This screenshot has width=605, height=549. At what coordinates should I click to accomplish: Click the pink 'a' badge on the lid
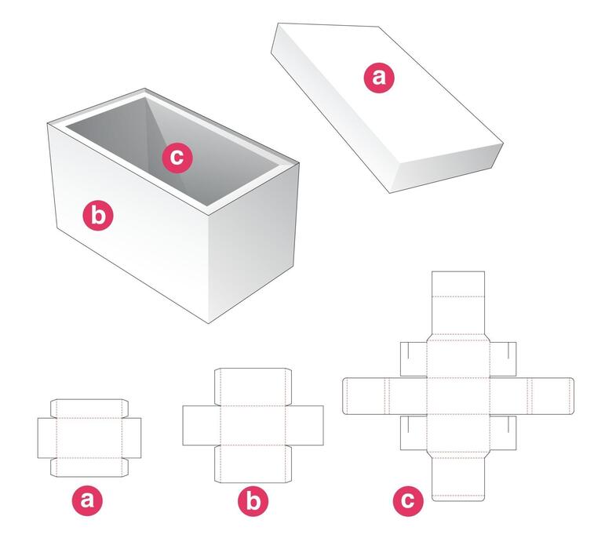(379, 77)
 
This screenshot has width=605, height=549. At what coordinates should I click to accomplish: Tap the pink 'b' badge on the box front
(98, 214)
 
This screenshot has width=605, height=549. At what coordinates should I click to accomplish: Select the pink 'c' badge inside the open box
(177, 158)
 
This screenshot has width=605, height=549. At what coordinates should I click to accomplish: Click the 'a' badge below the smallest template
(88, 500)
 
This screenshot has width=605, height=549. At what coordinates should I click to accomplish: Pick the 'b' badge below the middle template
(253, 500)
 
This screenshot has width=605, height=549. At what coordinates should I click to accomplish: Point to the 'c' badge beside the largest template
(407, 500)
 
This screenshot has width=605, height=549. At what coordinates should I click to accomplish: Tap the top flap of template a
(89, 408)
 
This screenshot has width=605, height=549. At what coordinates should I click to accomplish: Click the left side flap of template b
(201, 424)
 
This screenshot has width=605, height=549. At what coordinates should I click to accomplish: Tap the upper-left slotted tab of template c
(413, 359)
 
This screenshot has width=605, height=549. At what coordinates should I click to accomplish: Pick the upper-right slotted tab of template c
(503, 359)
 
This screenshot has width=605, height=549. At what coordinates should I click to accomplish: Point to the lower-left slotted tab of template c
(413, 432)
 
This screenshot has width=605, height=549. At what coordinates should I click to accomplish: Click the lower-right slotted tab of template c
(503, 432)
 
